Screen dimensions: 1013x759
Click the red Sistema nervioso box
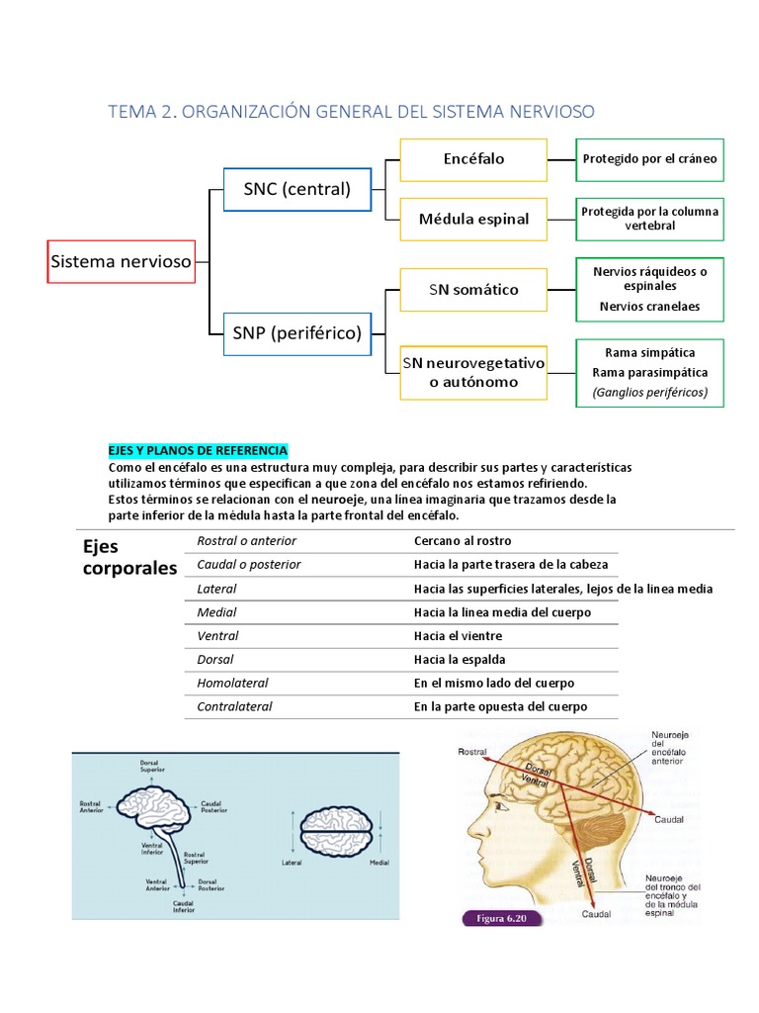point(121,262)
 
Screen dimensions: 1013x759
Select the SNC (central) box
point(296,190)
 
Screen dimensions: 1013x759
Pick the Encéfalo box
point(473,159)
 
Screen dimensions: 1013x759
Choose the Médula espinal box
point(473,219)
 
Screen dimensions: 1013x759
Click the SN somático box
point(473,290)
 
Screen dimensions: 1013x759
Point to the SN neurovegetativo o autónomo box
point(473,372)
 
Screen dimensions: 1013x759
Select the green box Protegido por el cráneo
point(649,159)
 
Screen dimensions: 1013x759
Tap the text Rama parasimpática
point(649,373)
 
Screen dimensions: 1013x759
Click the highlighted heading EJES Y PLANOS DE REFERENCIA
point(197,450)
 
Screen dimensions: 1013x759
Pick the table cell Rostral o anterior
point(246,541)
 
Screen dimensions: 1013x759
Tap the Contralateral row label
point(234,707)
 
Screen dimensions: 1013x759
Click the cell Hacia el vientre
point(458,636)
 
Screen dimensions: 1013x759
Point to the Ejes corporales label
point(128,557)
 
